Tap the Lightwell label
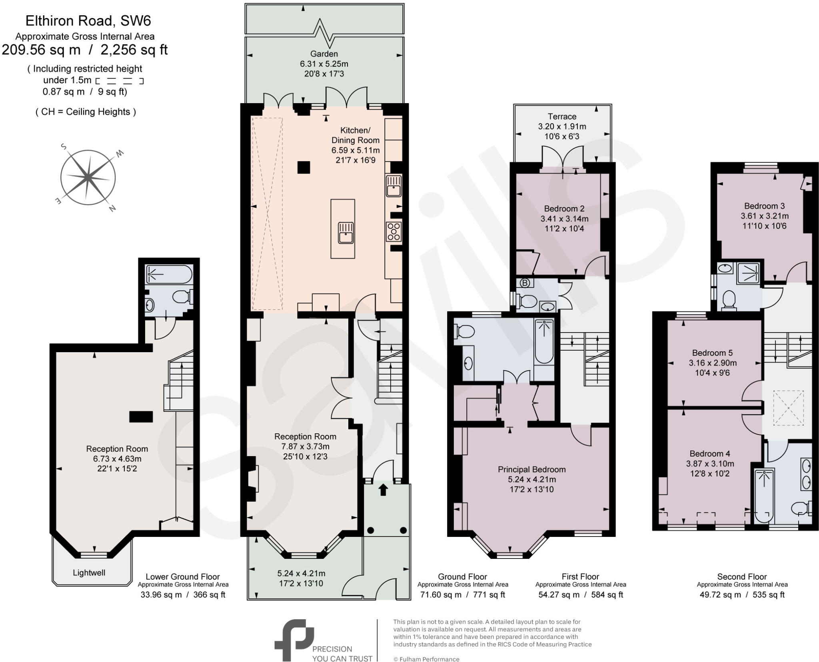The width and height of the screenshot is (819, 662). point(89,572)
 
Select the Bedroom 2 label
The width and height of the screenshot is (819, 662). point(564,209)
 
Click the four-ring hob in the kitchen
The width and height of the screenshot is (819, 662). point(394,231)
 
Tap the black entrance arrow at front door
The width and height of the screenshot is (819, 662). point(383,490)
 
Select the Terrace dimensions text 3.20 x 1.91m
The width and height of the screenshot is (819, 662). point(562,127)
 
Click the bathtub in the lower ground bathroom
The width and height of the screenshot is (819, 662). point(169,274)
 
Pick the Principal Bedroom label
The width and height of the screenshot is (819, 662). point(531,469)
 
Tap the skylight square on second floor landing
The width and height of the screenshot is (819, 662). point(788,408)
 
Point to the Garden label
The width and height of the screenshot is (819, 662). point(324,54)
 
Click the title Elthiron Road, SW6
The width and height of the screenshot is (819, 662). point(88,21)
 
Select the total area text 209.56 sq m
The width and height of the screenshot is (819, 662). point(41,50)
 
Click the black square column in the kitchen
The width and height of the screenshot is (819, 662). point(304,167)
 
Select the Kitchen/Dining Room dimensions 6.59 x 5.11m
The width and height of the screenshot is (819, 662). point(355,150)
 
